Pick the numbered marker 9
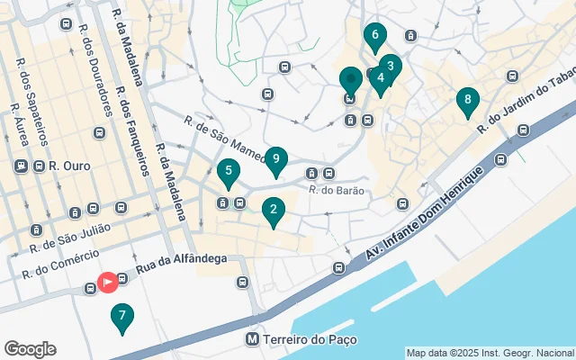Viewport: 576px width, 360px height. pos(276,161)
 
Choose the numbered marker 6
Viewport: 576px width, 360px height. pos(375,37)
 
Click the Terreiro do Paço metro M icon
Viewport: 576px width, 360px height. pos(253,339)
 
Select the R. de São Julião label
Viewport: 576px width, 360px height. pos(70,237)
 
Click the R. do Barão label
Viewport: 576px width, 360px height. pos(334,190)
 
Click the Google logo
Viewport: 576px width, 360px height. pos(30,349)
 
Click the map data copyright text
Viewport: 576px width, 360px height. pos(490,353)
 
